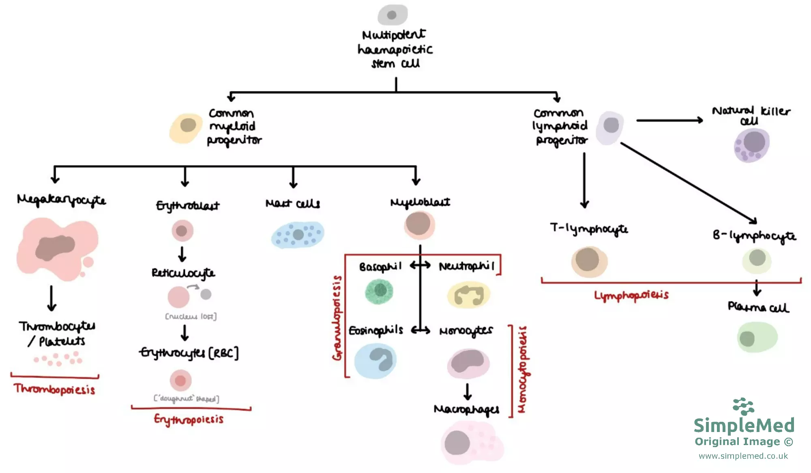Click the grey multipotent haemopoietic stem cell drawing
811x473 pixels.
point(392,15)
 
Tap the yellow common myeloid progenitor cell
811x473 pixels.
point(186,127)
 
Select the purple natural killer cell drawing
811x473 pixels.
point(751,145)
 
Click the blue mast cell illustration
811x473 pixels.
point(298,235)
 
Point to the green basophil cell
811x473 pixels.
point(379,291)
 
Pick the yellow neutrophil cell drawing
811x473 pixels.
point(469,295)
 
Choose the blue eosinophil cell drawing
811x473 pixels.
point(375,360)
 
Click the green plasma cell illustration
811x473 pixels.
point(757,337)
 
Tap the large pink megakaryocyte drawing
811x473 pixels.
point(57,248)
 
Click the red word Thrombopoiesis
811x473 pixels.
point(55,389)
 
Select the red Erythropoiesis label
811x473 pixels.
point(189,419)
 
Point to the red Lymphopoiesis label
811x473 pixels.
point(631,295)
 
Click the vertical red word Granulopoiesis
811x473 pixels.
point(337,317)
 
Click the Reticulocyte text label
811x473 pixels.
point(183,273)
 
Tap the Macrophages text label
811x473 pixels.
point(466,409)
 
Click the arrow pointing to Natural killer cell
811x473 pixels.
point(669,120)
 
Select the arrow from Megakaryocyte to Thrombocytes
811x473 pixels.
point(51,298)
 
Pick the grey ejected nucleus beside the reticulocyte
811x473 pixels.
point(206,294)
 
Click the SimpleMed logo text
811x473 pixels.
point(744,425)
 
